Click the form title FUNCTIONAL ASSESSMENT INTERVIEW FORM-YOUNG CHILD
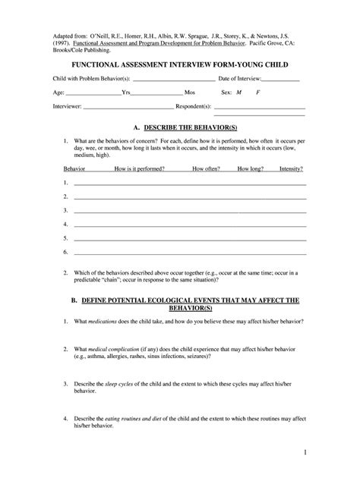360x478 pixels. tap(180, 65)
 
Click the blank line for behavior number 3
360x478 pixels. tap(190, 212)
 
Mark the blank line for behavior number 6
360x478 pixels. tap(190, 253)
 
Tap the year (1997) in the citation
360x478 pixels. tap(62, 44)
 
